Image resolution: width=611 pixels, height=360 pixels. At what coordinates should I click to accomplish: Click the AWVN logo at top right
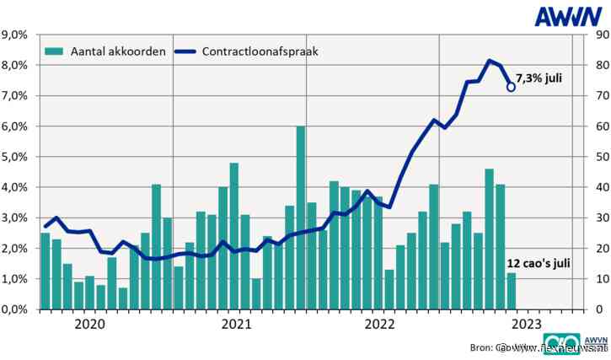point(567,16)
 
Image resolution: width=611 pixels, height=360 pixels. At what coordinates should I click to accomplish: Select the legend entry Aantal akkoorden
point(101,51)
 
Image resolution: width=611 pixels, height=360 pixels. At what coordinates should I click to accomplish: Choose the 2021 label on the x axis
point(237,324)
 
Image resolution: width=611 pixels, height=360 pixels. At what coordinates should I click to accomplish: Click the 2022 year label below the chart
point(380,324)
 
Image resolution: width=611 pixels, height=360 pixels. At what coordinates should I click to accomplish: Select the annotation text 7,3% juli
point(539,79)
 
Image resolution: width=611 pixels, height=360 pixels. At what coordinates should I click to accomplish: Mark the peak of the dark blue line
point(489,61)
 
